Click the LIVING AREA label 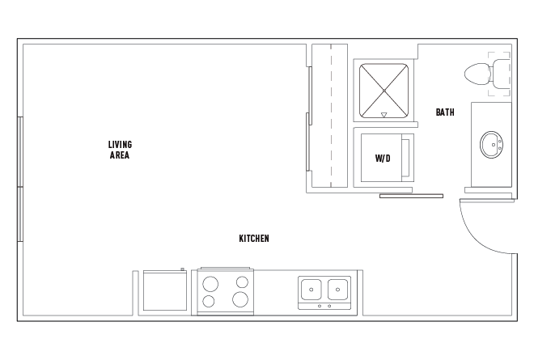[120, 150]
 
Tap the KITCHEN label [254, 239]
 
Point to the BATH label [445, 112]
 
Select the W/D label [383, 158]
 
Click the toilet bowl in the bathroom [477, 74]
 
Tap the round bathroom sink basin [492, 145]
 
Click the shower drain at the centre [384, 91]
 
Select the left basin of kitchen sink [311, 290]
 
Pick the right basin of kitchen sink [337, 290]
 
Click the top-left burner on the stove [210, 284]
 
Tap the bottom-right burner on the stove [240, 299]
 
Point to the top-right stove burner [242, 282]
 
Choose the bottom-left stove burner [209, 301]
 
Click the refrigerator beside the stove [165, 290]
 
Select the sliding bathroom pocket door [411, 196]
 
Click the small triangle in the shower [384, 115]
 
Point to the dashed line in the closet [331, 116]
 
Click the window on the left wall [20, 180]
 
